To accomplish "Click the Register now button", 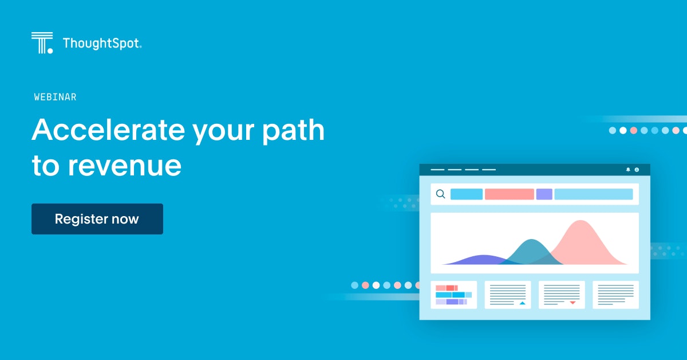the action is (97, 219).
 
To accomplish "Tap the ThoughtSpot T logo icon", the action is (42, 42).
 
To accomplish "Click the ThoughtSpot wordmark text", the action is (102, 44).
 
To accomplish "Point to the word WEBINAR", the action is (55, 97).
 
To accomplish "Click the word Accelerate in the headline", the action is (109, 130).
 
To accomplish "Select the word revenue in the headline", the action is (125, 166).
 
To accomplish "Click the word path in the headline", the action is (293, 131).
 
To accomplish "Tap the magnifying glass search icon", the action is (441, 194).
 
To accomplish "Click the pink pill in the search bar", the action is (510, 194).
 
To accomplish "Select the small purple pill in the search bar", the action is (544, 194).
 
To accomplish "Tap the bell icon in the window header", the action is (628, 170).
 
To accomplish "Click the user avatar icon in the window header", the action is (637, 170).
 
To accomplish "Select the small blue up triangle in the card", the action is (522, 303).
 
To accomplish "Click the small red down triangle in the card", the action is (572, 303).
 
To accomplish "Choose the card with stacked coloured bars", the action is (454, 295).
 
